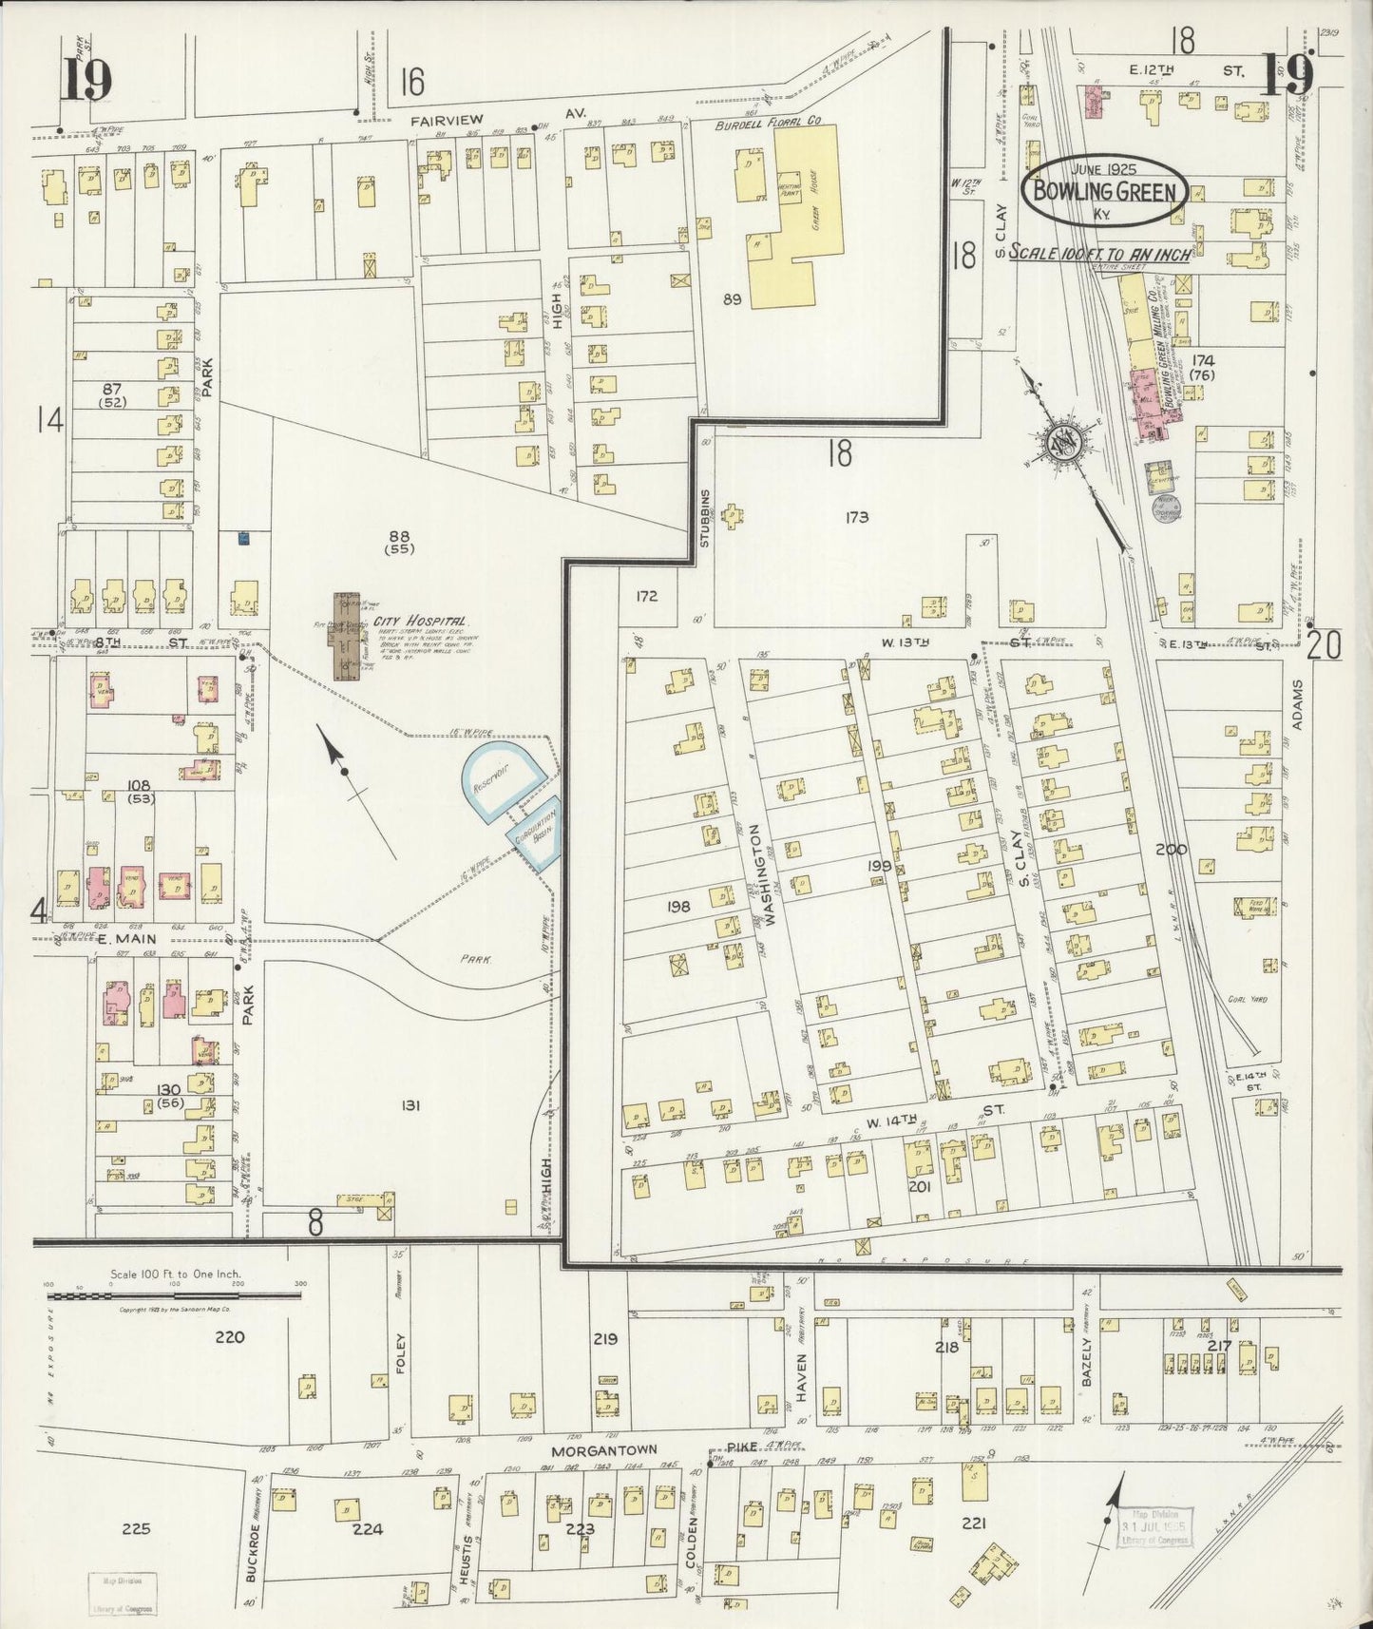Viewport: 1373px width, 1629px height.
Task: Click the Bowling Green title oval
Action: click(1104, 191)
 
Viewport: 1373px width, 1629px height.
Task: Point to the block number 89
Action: click(731, 299)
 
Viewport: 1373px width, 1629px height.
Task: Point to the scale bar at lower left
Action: click(176, 1295)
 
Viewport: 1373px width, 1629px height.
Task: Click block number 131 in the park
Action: click(410, 1105)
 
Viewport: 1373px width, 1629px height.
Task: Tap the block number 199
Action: click(879, 866)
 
